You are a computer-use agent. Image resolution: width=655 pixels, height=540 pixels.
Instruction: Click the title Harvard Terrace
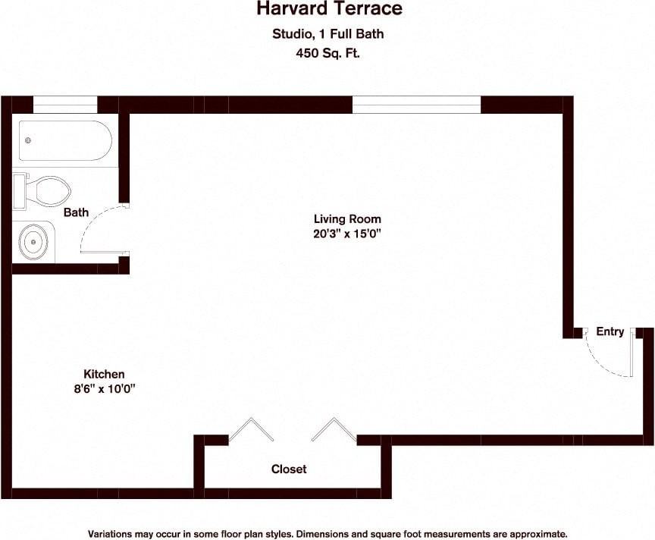[x=328, y=10]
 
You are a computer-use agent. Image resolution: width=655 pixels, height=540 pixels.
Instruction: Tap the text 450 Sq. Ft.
[x=328, y=53]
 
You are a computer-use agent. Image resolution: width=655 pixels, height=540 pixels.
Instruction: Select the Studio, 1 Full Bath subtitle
[x=328, y=33]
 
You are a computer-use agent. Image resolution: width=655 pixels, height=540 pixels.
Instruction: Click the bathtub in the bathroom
[x=65, y=140]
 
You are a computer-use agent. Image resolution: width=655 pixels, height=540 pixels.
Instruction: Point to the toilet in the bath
[x=44, y=190]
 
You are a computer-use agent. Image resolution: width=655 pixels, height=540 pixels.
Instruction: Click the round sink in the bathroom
[x=33, y=242]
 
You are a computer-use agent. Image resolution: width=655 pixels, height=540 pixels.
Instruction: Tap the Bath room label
[x=76, y=212]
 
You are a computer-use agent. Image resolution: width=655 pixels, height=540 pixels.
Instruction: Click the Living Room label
[x=347, y=219]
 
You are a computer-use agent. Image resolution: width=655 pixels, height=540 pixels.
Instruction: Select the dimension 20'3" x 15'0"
[x=346, y=234]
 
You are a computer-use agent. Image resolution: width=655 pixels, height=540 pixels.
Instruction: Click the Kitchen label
[x=104, y=374]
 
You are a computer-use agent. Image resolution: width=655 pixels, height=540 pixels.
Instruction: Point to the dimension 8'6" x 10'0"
[x=104, y=388]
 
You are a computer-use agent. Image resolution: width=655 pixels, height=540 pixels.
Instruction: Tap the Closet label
[x=289, y=469]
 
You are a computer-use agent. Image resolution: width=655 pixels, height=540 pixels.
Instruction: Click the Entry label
[x=610, y=331]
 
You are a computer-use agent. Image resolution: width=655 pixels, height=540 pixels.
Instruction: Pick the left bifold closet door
[x=251, y=429]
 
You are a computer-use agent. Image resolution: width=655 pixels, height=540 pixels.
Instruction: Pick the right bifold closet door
[x=333, y=429]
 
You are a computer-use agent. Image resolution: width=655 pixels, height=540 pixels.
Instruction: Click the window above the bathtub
[x=65, y=105]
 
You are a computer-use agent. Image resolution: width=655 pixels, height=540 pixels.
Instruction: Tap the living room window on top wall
[x=417, y=105]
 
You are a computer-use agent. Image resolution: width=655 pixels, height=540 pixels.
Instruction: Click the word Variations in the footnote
[x=112, y=533]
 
